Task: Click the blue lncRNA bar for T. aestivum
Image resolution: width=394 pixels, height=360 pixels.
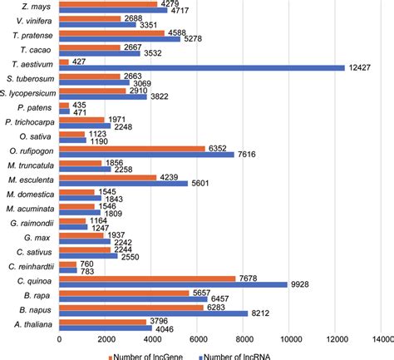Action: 202,67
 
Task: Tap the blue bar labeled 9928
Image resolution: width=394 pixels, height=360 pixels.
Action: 173,285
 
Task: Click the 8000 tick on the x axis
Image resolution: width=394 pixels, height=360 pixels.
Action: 243,340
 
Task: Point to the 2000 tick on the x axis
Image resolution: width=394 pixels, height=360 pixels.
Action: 106,340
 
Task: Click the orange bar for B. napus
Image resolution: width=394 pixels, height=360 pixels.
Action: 131,307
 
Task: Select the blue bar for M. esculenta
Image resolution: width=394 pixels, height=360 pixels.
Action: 124,184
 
